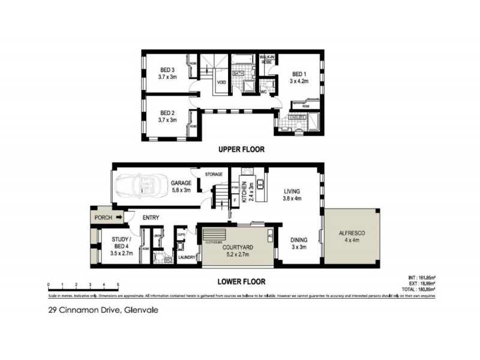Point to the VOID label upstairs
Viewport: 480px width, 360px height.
[221, 83]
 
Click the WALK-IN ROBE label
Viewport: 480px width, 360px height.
[267, 58]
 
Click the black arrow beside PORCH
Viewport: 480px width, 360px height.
[119, 217]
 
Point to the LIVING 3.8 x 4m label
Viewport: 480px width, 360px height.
[292, 194]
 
